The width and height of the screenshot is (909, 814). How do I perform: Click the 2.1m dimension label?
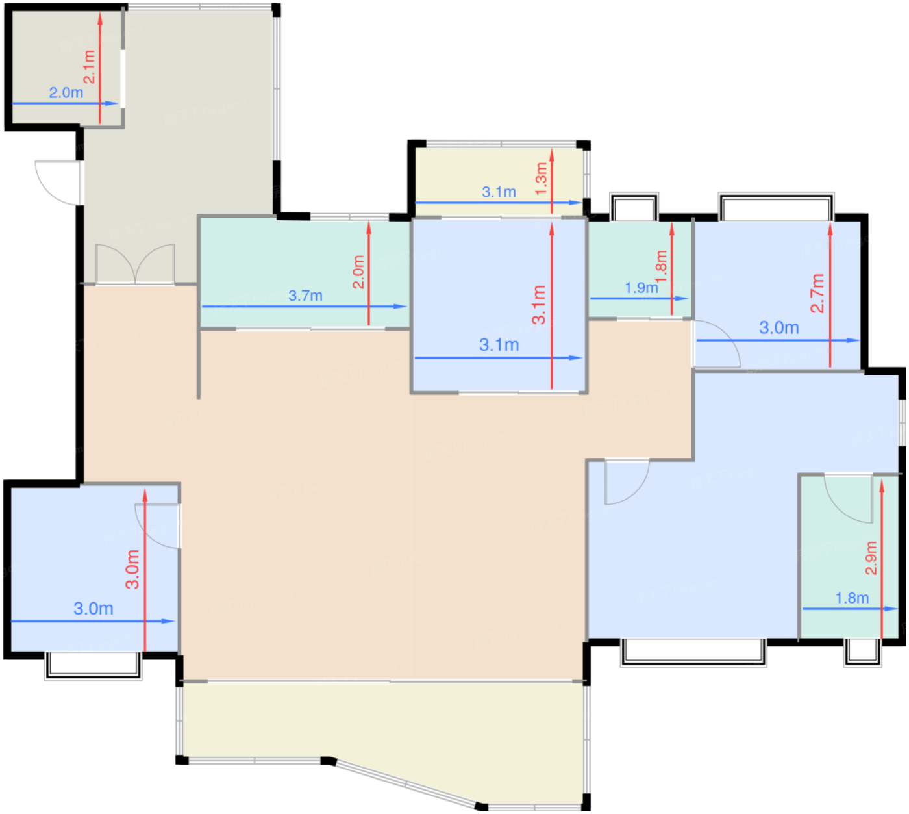click(x=90, y=67)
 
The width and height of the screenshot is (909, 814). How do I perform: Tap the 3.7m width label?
click(x=305, y=296)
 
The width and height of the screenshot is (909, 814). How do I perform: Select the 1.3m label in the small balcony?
click(x=541, y=179)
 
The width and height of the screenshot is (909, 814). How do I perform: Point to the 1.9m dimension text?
click(x=641, y=288)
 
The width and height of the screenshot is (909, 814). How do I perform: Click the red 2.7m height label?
click(x=817, y=293)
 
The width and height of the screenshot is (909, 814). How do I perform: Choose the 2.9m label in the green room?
click(x=871, y=557)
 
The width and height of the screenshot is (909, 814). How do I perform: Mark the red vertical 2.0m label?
click(x=358, y=272)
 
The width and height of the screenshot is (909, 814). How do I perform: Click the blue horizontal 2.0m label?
click(x=66, y=93)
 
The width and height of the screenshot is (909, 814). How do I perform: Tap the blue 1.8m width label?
click(x=851, y=598)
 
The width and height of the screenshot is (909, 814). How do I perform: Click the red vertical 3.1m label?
click(x=539, y=304)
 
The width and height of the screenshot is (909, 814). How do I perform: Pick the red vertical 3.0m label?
click(x=132, y=569)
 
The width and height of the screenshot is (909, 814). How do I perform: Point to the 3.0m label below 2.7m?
click(x=778, y=328)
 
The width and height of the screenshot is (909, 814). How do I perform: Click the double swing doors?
click(x=135, y=264)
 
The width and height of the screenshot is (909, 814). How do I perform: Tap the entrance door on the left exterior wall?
click(x=58, y=182)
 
